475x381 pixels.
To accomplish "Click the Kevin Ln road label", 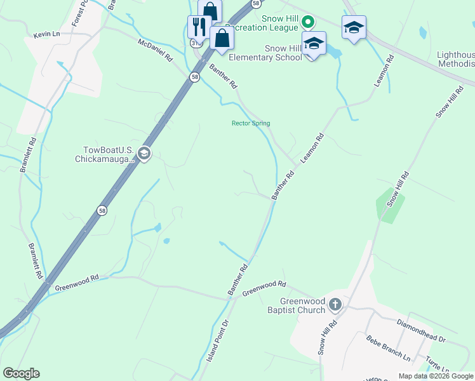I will coord(46,34).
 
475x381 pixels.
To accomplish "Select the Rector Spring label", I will coord(250,123).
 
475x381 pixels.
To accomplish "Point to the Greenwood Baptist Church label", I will coord(302,305).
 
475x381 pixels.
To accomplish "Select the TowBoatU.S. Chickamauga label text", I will coord(109,154).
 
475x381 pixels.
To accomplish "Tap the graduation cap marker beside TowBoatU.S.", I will coord(144,154).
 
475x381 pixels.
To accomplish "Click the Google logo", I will coord(22,373).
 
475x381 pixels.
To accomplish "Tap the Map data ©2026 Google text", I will coord(436,376).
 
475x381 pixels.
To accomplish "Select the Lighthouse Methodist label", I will coord(455,59).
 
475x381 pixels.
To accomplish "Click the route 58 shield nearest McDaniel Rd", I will coord(193,76).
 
